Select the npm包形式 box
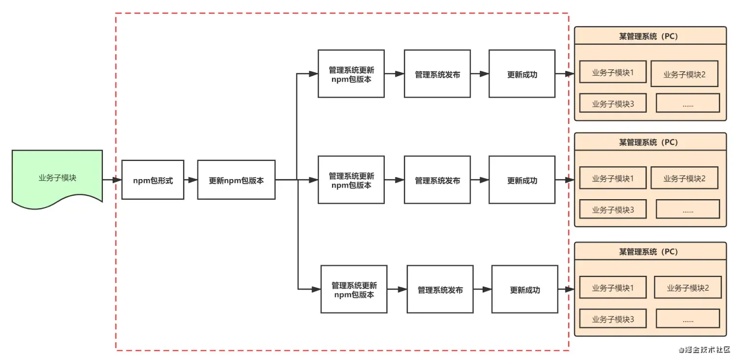[x=153, y=180]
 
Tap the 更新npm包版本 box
[x=236, y=180]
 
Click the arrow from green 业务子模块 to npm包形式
[x=112, y=180]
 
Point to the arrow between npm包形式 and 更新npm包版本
[x=190, y=180]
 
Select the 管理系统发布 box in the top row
[x=437, y=74]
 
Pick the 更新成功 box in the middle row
[x=522, y=180]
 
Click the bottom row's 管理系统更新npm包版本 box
[x=354, y=290]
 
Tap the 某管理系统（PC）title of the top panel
[x=650, y=36]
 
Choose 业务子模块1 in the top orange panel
[x=613, y=72]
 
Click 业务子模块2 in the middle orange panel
[x=684, y=178]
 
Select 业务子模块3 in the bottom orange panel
[x=613, y=319]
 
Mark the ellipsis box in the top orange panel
[x=688, y=103]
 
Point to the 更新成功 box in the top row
[x=522, y=74]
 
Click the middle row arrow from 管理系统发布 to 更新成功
[x=480, y=180]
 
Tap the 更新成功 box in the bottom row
[x=524, y=290]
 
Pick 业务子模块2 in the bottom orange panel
[x=687, y=288]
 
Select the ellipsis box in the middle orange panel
[x=688, y=210]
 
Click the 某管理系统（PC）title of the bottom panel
[x=650, y=252]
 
